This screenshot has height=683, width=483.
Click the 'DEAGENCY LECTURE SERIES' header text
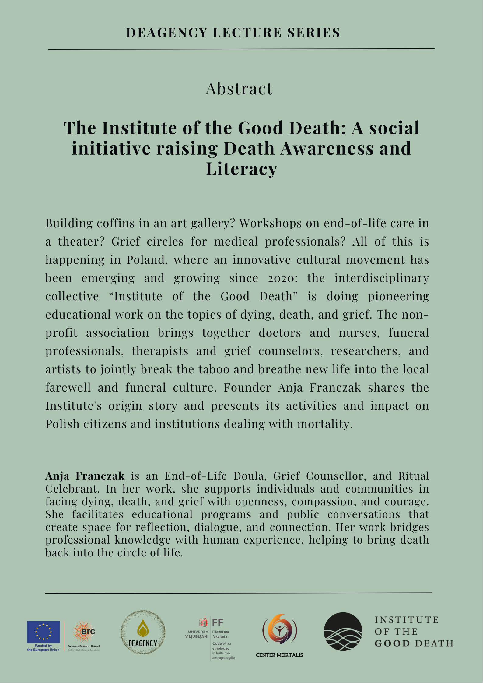coord(233,33)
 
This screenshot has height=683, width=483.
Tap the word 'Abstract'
coord(239,89)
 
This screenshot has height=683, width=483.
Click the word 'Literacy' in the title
coord(241,169)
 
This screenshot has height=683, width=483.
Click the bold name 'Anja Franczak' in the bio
coord(85,476)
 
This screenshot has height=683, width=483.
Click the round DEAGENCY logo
coord(143,632)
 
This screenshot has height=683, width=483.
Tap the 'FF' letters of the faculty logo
coord(218,622)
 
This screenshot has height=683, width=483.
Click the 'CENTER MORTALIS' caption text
coord(279,655)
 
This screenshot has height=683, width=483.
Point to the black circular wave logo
coord(343,632)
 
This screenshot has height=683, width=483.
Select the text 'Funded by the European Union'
coord(43,648)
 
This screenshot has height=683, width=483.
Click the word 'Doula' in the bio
coord(250,476)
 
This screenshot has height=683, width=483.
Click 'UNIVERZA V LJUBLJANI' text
coord(197,634)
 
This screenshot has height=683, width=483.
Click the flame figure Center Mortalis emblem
coord(279,630)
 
